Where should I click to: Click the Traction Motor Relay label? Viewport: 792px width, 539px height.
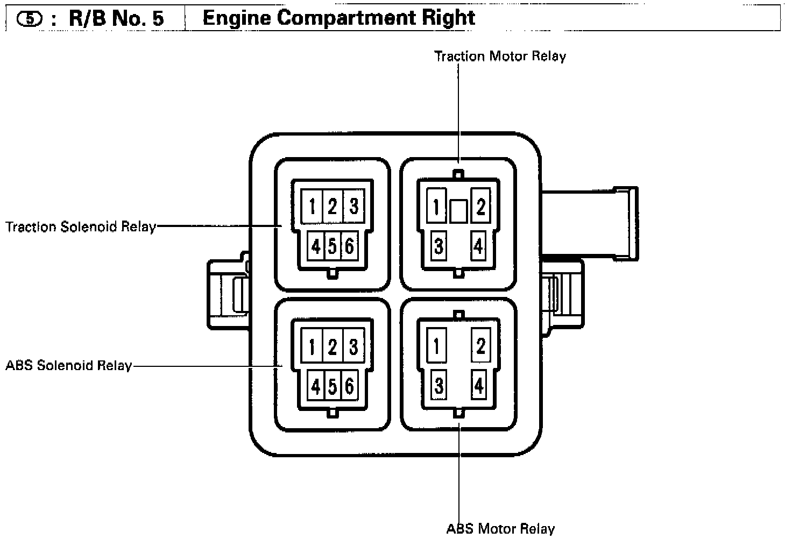(x=500, y=56)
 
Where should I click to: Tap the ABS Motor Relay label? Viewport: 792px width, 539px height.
(x=500, y=529)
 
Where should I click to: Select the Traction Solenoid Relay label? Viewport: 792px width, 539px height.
(x=81, y=226)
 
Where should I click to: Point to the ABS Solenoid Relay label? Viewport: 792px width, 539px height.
(x=69, y=366)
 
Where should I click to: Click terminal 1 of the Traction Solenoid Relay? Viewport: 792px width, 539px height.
(x=312, y=205)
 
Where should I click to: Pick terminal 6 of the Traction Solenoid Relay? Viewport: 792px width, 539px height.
(x=349, y=246)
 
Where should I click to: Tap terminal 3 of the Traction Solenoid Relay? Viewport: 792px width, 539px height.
(x=353, y=205)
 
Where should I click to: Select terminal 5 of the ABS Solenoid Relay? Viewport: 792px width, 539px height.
(x=333, y=386)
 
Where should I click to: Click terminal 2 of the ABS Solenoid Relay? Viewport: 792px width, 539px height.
(x=333, y=346)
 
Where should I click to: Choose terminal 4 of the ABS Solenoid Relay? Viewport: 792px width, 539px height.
(x=316, y=386)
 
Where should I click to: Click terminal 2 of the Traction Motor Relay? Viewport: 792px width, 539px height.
(x=480, y=205)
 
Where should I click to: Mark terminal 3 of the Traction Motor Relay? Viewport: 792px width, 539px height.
(x=439, y=246)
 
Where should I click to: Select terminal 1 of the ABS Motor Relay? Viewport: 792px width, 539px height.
(x=436, y=346)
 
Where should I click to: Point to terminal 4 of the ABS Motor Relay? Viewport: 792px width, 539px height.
(x=478, y=386)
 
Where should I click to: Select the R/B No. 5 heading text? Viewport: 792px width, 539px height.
(x=116, y=18)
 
